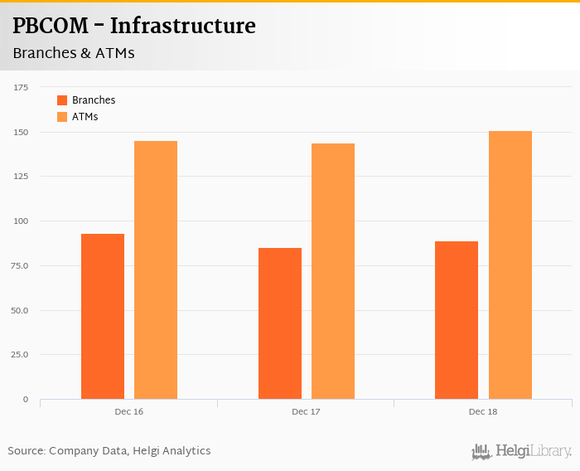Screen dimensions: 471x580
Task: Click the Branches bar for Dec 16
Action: (x=103, y=316)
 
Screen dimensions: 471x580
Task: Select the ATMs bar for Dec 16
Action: (x=156, y=269)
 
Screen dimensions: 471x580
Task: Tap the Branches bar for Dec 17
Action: (x=280, y=323)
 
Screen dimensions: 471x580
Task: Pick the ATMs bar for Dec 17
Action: (x=333, y=271)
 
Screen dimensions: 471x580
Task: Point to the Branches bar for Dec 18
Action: (x=457, y=320)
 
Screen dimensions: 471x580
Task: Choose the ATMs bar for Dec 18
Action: (x=510, y=265)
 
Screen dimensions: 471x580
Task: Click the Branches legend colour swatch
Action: (x=62, y=100)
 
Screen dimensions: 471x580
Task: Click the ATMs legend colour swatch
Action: (x=62, y=117)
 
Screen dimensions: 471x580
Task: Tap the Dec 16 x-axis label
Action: (x=128, y=411)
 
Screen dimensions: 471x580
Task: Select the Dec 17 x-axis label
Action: (x=306, y=411)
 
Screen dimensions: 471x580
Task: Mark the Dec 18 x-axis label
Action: (x=483, y=411)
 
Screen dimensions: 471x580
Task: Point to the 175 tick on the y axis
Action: (x=21, y=87)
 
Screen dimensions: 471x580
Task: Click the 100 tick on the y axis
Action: (x=21, y=221)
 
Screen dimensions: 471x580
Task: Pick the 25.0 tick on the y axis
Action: (x=19, y=355)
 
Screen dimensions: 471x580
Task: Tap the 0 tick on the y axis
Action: (x=26, y=400)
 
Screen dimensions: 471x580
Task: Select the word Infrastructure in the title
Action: (x=182, y=27)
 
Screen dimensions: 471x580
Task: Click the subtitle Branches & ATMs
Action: (x=74, y=53)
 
